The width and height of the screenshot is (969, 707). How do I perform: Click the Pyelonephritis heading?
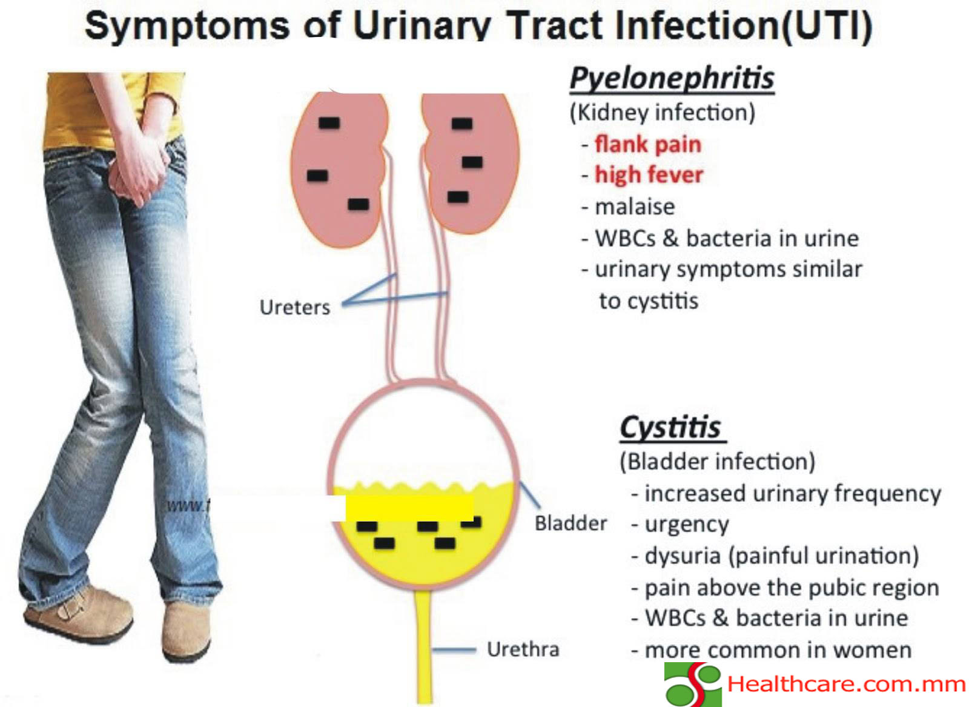672,79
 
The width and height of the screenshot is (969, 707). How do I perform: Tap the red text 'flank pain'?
648,145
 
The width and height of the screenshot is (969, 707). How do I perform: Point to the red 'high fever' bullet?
649,175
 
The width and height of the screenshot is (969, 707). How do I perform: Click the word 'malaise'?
635,207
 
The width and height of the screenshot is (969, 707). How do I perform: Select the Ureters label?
294,307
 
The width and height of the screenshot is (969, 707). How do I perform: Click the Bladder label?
571,523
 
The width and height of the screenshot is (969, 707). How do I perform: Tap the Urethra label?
523,649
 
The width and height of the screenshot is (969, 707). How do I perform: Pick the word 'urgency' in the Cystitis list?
687,525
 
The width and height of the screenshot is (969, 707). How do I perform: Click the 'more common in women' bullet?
778,650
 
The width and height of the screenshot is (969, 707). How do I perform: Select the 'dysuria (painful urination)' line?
782,556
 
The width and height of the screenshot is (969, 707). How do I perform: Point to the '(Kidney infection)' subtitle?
663,113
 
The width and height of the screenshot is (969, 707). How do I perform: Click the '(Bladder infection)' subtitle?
718,462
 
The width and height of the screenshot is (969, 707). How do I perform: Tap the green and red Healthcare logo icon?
693,685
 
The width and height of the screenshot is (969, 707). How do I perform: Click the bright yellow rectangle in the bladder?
409,508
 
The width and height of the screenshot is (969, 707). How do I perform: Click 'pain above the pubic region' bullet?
792,588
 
